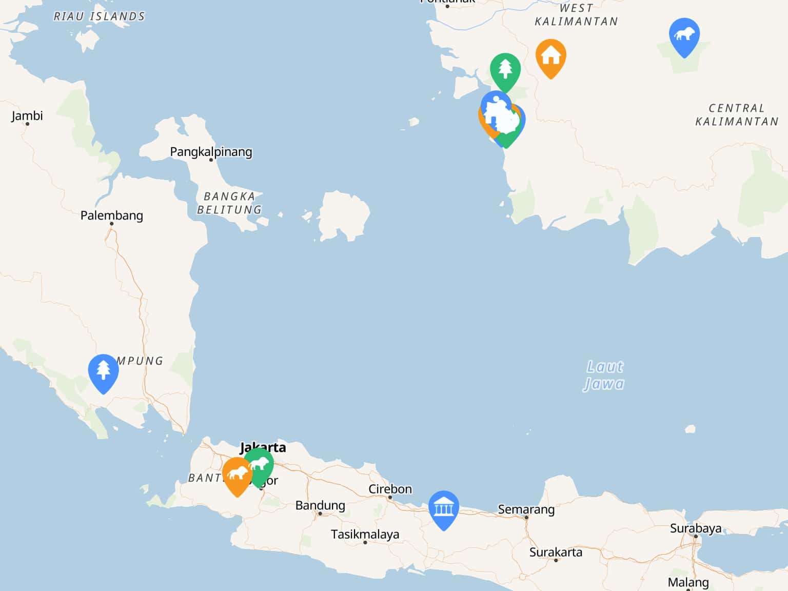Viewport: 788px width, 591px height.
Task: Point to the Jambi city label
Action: (x=27, y=116)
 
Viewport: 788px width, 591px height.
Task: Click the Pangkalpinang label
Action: (x=211, y=152)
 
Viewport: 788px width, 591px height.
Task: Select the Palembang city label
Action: (x=111, y=215)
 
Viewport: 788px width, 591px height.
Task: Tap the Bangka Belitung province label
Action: (x=229, y=203)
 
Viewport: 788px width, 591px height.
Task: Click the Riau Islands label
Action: (x=100, y=16)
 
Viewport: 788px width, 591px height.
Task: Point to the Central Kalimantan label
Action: (x=737, y=115)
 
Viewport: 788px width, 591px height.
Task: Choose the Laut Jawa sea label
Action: (x=604, y=375)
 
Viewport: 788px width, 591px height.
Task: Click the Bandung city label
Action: (x=320, y=505)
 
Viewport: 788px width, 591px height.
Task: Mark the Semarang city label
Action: (x=526, y=509)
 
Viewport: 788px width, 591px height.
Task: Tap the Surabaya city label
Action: (x=695, y=528)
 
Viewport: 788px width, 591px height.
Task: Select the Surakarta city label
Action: (x=556, y=553)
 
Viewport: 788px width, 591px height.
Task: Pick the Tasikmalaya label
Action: (x=365, y=535)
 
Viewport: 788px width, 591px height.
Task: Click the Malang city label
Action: (x=688, y=583)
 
